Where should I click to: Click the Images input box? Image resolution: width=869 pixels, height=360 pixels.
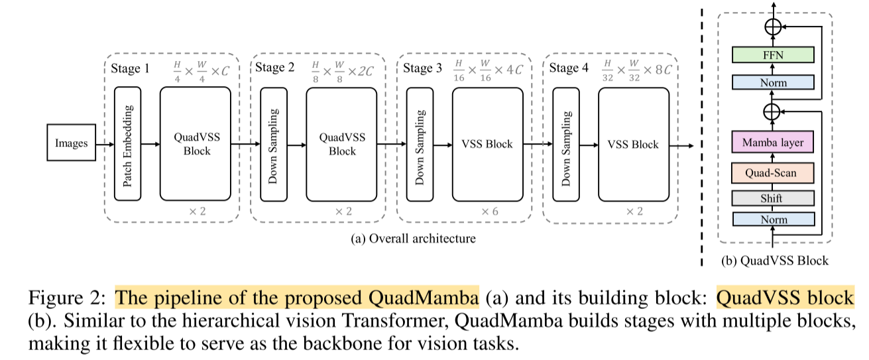tap(71, 143)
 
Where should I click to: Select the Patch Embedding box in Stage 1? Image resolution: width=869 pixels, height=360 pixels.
tap(128, 143)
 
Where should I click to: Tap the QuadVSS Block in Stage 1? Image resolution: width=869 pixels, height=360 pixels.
tap(196, 143)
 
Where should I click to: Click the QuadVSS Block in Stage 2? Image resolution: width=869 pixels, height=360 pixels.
tap(341, 143)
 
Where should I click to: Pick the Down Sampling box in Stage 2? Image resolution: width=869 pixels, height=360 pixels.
tap(274, 143)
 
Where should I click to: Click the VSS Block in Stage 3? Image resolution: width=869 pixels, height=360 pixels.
tap(487, 143)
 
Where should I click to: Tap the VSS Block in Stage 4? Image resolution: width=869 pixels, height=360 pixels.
tap(633, 143)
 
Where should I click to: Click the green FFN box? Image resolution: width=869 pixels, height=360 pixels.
tap(773, 55)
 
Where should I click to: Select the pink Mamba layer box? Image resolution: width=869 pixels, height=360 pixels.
tap(773, 142)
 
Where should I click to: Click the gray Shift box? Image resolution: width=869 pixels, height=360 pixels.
tap(773, 198)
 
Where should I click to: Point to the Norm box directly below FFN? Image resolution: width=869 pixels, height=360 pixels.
tap(773, 83)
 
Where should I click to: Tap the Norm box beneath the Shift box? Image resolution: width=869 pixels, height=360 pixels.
tap(773, 219)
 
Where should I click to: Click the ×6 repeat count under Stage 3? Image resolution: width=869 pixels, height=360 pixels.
tap(489, 211)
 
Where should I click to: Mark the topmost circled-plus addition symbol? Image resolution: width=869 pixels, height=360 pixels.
tap(773, 26)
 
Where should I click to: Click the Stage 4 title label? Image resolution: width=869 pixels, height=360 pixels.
tap(569, 68)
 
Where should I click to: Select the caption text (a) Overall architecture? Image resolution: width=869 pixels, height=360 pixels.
tap(412, 238)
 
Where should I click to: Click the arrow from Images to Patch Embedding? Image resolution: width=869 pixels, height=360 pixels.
tap(105, 143)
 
